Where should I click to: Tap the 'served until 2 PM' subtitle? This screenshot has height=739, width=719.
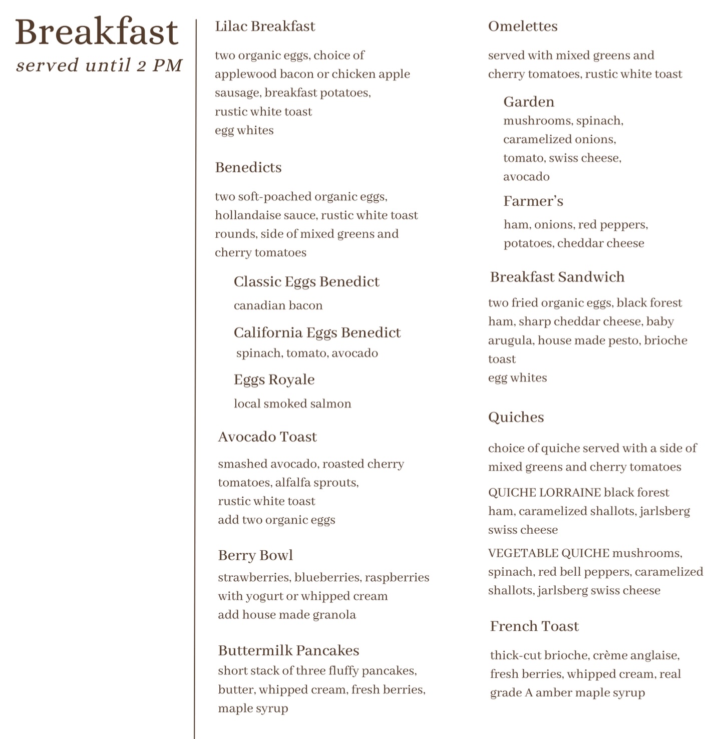coord(99,65)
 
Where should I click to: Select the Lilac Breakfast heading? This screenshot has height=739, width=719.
coord(265,26)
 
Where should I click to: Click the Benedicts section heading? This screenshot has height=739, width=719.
coord(248,167)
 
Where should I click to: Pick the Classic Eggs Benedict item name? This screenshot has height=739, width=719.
coord(306,281)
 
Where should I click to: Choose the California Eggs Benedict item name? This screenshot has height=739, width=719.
coord(317,332)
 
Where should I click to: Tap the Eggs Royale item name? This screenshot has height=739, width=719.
coord(274,380)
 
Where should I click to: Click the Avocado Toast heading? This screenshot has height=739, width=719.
coord(267,437)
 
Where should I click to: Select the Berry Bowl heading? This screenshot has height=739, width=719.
coord(255,555)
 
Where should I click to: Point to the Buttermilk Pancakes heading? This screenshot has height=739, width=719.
coord(288,650)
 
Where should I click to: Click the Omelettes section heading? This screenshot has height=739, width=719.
coord(523,26)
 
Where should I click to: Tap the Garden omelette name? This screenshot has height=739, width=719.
coord(529,102)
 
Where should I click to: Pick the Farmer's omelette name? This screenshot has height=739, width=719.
coord(533,201)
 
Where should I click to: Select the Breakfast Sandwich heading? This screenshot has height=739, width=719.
coord(557,277)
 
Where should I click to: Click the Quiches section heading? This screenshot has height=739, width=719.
coord(516,417)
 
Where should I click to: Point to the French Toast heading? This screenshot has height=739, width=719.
coord(534,626)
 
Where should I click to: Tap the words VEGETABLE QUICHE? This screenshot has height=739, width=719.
coord(548,553)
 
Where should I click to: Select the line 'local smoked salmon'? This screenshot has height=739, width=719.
coord(292,404)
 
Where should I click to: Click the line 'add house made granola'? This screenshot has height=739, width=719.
coord(287,615)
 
